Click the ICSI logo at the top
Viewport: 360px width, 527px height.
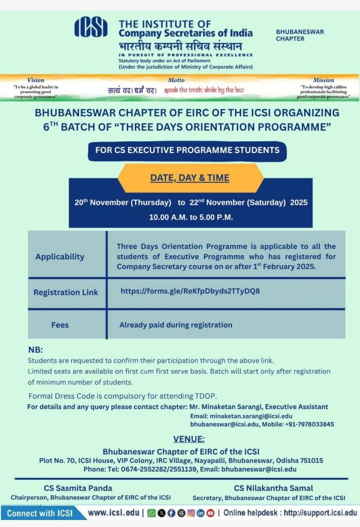point(90,27)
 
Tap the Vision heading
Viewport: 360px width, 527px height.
point(35,80)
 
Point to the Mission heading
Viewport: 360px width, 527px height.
point(323,80)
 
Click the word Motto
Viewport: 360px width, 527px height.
point(176,80)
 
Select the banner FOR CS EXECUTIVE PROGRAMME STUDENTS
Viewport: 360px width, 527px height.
point(187,150)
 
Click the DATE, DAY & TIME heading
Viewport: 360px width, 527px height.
point(189,177)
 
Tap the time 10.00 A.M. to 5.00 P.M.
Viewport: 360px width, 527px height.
point(191,217)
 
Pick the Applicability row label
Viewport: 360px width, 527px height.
point(60,256)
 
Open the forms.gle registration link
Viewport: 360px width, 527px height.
point(190,290)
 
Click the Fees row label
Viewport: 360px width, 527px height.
point(60,325)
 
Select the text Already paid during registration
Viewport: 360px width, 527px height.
point(175,325)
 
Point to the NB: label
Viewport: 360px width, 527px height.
point(35,350)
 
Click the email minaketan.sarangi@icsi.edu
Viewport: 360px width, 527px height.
point(241,416)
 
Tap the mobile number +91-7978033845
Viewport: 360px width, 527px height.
point(309,424)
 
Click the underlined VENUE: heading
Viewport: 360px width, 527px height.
point(188,439)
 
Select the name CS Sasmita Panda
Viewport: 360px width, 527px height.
point(78,488)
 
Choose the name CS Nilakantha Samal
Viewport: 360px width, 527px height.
point(273,488)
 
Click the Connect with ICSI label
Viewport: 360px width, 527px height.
point(40,513)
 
